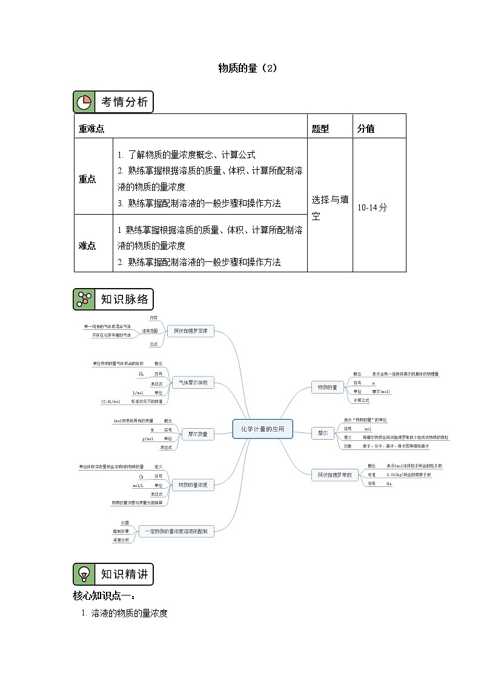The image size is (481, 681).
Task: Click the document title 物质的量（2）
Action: click(247, 69)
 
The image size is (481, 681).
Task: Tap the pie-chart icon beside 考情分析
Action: click(84, 102)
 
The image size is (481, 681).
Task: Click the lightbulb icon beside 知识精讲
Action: click(84, 574)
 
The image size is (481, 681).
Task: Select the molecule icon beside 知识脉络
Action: click(84, 299)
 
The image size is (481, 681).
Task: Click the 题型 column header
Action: click(320, 129)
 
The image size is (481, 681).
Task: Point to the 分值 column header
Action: click(366, 129)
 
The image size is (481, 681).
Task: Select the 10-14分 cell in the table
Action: click(372, 207)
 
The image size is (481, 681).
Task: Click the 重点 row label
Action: click(87, 179)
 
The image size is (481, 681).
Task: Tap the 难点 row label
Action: click(87, 246)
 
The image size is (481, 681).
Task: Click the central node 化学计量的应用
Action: click(262, 429)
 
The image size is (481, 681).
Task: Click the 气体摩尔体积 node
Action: click(193, 383)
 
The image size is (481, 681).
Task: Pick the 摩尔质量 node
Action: click(197, 434)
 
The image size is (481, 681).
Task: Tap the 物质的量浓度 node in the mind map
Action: click(193, 485)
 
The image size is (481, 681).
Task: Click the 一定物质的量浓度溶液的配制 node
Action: click(177, 531)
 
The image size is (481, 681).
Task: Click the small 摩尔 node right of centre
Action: click(322, 433)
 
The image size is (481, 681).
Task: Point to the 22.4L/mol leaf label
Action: click(111, 401)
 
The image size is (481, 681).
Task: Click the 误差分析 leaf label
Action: click(121, 540)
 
